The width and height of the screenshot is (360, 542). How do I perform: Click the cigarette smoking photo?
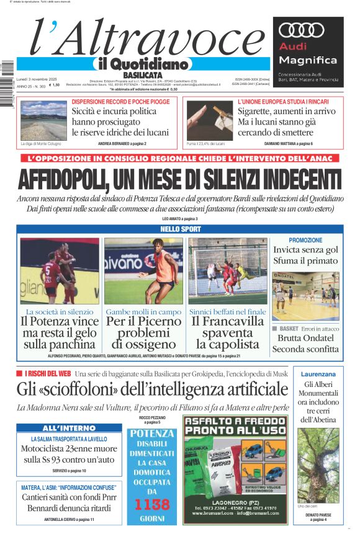coord(209,120)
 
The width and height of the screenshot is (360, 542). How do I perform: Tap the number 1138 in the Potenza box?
coord(151,504)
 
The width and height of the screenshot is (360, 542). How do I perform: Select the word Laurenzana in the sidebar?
coord(318,374)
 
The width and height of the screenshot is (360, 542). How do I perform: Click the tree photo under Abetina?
coord(318,464)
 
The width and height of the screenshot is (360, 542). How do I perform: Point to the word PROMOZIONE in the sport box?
coord(305,240)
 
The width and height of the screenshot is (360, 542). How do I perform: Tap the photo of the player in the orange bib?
coord(143,271)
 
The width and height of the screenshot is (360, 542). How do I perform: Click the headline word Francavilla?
coord(227,321)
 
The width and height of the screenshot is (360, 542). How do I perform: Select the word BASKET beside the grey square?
coord(289,328)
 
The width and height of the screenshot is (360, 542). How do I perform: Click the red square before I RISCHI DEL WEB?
coord(20,374)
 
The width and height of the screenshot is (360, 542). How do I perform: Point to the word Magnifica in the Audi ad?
coord(308,60)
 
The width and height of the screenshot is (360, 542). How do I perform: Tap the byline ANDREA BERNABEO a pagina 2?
coord(122,144)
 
